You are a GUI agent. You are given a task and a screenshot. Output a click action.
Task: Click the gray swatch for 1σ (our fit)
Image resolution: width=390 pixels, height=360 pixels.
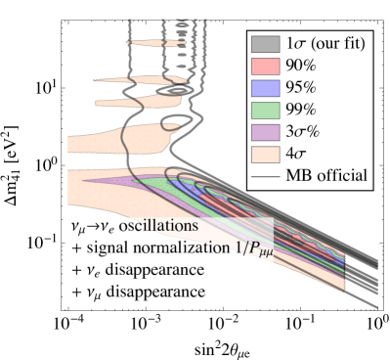266,44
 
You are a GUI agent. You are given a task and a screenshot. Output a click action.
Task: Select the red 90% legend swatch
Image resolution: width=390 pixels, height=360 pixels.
266,67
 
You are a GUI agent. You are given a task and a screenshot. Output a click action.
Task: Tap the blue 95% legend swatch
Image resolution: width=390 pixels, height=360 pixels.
266,88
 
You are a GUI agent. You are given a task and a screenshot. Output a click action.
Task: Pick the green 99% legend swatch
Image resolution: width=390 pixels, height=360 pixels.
266,110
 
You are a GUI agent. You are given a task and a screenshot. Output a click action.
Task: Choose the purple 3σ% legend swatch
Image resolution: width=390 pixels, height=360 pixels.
266,132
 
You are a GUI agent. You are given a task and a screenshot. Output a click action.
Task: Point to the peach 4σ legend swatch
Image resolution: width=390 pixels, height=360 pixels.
266,154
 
